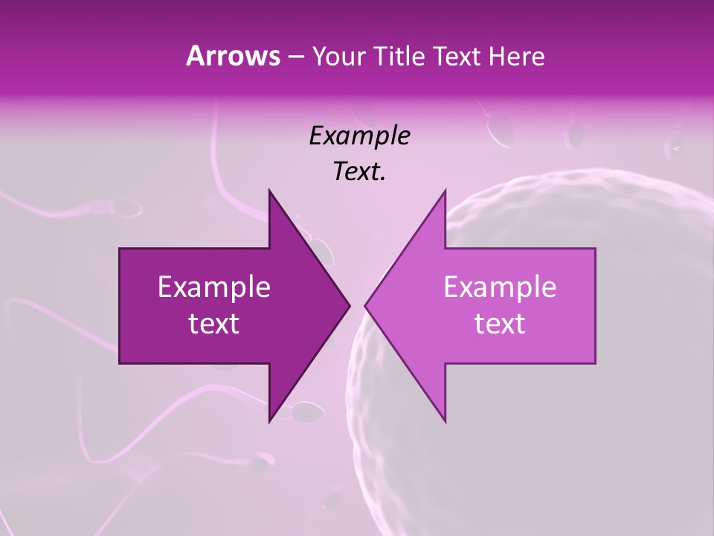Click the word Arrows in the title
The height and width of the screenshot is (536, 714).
233,56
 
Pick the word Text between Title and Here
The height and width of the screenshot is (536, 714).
459,57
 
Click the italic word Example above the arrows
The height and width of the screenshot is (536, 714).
359,136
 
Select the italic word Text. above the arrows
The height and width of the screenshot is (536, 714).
359,171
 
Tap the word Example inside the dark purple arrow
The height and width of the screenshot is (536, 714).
214,287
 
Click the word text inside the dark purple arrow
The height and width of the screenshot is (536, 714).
214,324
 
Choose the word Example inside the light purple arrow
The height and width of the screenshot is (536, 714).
500,287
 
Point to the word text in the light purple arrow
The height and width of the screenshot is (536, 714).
500,324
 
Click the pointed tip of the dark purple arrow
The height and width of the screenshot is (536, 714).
350,305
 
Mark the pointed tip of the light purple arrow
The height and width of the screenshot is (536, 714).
365,305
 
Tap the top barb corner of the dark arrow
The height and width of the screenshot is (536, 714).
269,191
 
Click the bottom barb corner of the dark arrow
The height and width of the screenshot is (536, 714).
269,421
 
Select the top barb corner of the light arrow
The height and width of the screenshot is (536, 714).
445,191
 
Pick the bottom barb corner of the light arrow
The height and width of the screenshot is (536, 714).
445,421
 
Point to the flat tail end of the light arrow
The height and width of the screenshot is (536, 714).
594,305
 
